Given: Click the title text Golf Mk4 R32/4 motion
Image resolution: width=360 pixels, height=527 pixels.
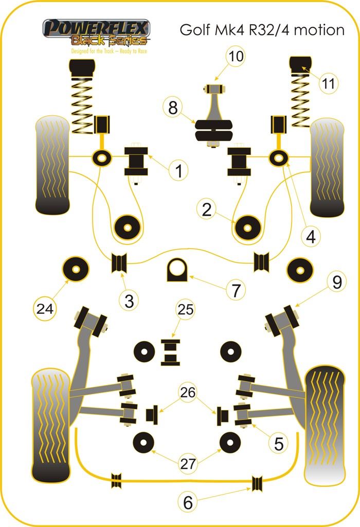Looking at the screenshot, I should [x=262, y=30].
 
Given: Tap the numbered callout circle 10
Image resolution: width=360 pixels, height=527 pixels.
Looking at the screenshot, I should [x=236, y=57].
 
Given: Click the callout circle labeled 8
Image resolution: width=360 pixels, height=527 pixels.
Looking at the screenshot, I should [x=173, y=108].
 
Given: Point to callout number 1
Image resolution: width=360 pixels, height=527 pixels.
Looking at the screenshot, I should [x=178, y=171].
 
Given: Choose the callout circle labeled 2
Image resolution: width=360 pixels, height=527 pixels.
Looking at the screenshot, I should [x=207, y=209].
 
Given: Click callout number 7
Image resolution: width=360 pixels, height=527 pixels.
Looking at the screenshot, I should [x=235, y=291].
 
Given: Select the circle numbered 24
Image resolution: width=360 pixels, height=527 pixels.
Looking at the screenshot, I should [x=45, y=309].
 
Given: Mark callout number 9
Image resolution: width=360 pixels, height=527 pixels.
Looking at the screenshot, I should [x=336, y=282].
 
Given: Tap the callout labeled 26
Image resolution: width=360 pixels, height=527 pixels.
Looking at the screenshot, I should [x=189, y=392].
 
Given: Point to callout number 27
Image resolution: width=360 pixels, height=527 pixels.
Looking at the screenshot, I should [x=189, y=463].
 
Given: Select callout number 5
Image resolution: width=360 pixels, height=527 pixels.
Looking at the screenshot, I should [x=278, y=443].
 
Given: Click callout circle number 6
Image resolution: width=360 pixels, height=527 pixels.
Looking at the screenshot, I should [x=188, y=502].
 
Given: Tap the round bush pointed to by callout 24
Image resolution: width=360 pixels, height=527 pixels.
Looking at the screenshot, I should [x=75, y=268].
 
